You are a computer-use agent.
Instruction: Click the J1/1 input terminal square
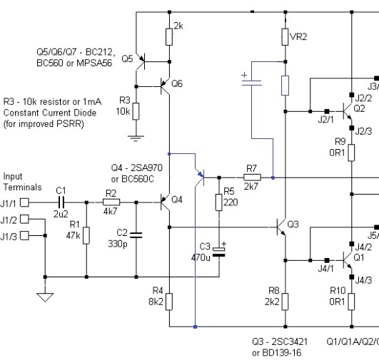[24, 202]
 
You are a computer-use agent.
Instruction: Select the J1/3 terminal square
[24, 235]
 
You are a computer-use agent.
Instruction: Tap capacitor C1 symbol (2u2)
[61, 202]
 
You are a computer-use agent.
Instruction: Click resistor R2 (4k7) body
[111, 202]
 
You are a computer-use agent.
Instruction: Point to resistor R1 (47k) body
[86, 235]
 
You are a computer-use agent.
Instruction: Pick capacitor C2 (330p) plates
[136, 235]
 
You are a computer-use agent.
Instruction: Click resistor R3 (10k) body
[136, 111]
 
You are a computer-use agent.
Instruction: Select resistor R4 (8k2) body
[169, 302]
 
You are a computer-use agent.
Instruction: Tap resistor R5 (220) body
[219, 202]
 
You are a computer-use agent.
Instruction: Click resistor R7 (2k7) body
[252, 178]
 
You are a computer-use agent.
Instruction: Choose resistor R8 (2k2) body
[285, 302]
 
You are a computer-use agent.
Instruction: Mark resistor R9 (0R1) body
[351, 153]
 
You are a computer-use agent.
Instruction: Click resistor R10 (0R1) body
[351, 302]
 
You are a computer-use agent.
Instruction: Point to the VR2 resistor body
[285, 37]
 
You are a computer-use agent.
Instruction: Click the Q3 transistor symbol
[281, 227]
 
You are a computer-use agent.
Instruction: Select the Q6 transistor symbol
[166, 86]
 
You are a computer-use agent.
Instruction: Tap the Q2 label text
[359, 108]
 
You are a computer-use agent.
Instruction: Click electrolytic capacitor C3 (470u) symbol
[219, 252]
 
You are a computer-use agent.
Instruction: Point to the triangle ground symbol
[45, 297]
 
